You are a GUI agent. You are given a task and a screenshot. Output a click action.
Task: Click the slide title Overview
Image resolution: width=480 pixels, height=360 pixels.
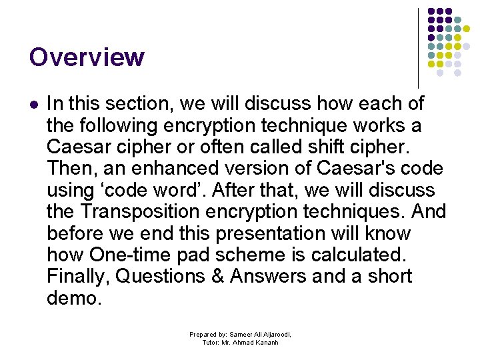coord(87,57)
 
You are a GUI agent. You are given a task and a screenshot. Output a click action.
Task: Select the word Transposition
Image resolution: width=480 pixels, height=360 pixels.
coord(147,212)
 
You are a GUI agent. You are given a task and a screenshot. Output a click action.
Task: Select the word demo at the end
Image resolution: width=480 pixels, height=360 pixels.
coord(74,298)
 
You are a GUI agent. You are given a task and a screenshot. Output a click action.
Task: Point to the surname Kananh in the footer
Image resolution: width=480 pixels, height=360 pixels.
coord(265,343)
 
